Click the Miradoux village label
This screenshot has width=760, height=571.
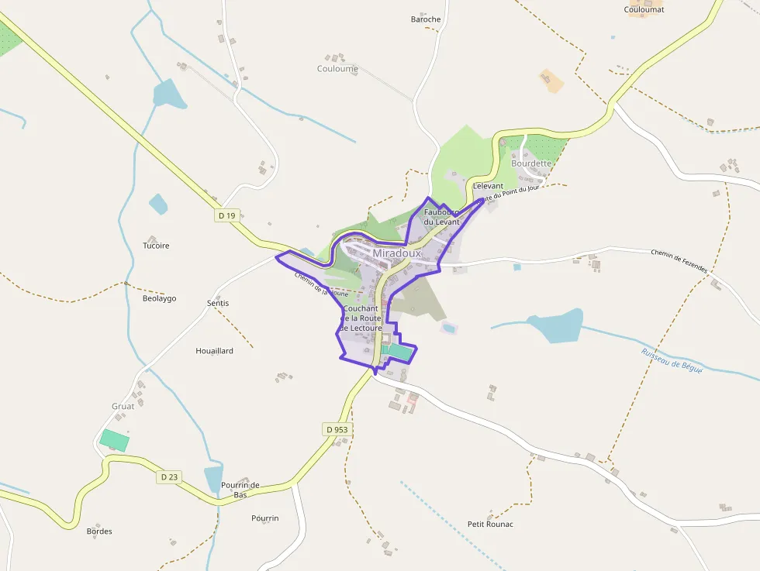click(396, 253)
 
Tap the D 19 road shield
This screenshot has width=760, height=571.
click(226, 215)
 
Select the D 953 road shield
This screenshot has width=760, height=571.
click(337, 429)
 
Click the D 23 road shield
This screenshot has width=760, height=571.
click(170, 477)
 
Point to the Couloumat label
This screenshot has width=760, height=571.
click(644, 9)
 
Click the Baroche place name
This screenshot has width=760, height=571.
click(426, 19)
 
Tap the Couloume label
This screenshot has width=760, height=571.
click(337, 69)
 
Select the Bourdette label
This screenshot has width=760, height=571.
click(531, 163)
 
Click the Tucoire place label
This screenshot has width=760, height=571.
click(156, 246)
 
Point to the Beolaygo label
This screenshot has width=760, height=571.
click(159, 298)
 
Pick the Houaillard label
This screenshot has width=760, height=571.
click(214, 351)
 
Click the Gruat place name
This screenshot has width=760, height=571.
click(123, 406)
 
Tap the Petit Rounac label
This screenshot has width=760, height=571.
click(490, 525)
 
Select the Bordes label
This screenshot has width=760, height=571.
click(99, 531)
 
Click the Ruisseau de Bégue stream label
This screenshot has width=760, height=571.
click(672, 362)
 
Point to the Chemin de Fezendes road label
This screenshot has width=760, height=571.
click(679, 261)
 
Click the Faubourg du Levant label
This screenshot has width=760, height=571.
click(441, 217)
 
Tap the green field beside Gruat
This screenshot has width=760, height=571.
click(115, 440)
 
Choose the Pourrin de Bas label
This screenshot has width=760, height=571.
click(240, 490)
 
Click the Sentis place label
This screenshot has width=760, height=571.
click(218, 303)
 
